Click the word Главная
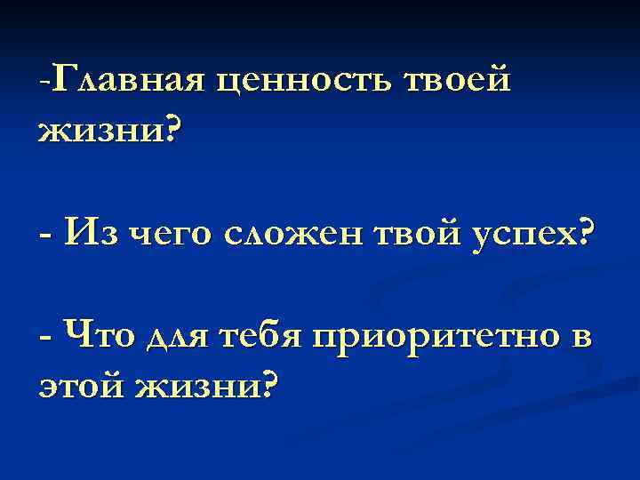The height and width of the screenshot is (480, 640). pos(130,82)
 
